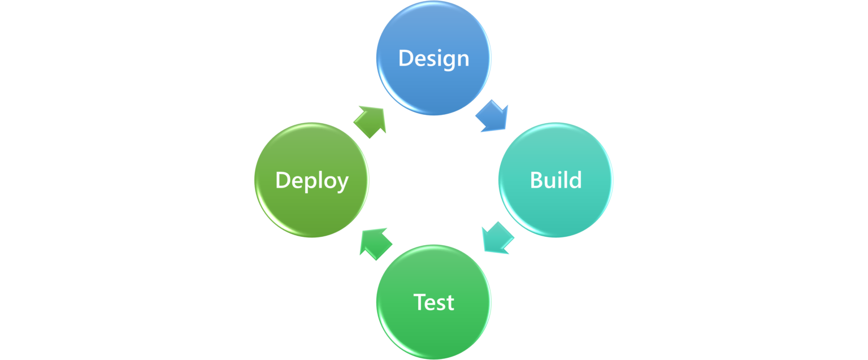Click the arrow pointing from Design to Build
[x=493, y=117]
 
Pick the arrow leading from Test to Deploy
[x=375, y=242]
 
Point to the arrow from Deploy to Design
[x=371, y=121]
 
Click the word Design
[x=434, y=58]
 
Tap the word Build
[x=555, y=180]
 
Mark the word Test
[x=434, y=302]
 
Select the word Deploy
[x=311, y=180]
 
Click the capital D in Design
[x=406, y=58]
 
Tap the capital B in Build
[x=536, y=180]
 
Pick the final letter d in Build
[x=575, y=180]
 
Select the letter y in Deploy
[x=341, y=183]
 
